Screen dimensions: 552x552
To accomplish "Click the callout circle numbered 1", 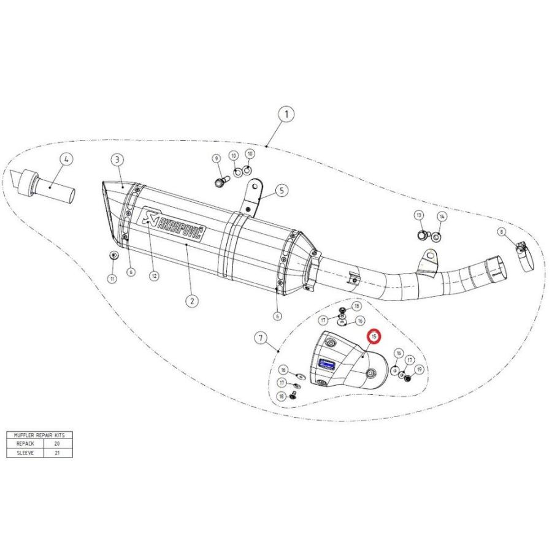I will (x=286, y=113).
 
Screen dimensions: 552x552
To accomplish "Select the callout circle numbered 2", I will (x=192, y=301).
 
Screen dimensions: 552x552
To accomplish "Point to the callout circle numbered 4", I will (x=66, y=158).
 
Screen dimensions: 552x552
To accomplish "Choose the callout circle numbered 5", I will (x=280, y=190).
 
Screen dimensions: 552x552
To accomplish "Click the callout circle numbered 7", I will (x=261, y=337).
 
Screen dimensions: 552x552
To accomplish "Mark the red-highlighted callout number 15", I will (x=373, y=337).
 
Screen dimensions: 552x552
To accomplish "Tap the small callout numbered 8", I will (x=502, y=232).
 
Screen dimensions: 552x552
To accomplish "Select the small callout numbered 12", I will (x=155, y=277).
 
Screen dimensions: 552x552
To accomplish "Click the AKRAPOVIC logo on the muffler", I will (x=175, y=225).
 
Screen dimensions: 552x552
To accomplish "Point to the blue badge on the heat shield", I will (x=328, y=364).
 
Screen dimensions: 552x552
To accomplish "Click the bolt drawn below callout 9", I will (x=220, y=181).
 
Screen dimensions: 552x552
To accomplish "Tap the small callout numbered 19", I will (x=420, y=369).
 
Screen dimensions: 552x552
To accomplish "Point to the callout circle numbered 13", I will (x=419, y=217).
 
